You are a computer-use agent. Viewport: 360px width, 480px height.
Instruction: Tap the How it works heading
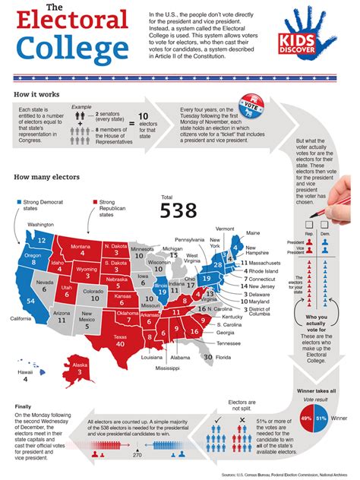click(x=37, y=94)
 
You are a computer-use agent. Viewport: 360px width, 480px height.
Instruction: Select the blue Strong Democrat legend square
click(x=17, y=182)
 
